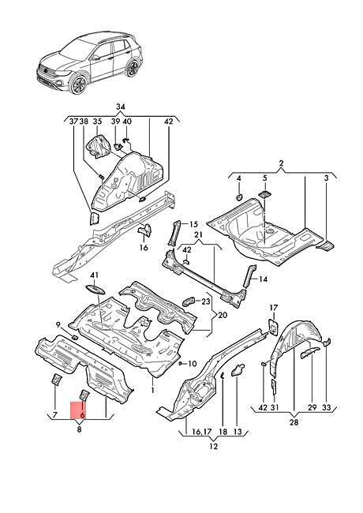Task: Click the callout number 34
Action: tap(121, 107)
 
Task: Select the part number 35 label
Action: tap(97, 122)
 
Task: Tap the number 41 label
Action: tap(94, 275)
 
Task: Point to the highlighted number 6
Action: tap(82, 415)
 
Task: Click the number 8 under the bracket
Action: tap(79, 429)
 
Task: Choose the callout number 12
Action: tap(213, 446)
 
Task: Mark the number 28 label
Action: tap(294, 422)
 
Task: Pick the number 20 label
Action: tap(223, 316)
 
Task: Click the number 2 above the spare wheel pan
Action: tap(282, 163)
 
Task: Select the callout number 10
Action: tap(193, 364)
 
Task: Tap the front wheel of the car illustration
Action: tap(78, 84)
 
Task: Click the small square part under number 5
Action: tap(264, 193)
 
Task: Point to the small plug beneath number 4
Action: tap(239, 197)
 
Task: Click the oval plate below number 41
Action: tap(95, 290)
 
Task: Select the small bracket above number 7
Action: tap(57, 380)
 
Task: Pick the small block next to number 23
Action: tap(189, 301)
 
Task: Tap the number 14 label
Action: tap(263, 279)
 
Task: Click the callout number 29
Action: tap(312, 407)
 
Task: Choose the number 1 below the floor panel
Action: tap(152, 390)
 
